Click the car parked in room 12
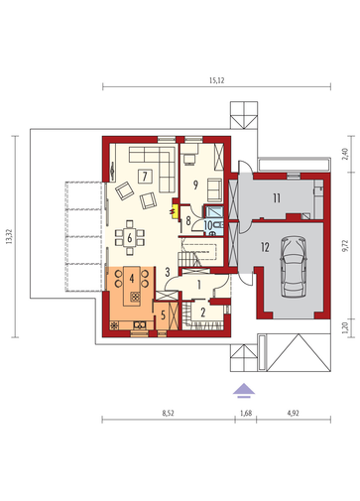[x=294, y=267]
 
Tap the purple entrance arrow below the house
[x=244, y=390]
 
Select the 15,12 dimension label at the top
[x=216, y=80]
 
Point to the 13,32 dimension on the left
[x=9, y=237]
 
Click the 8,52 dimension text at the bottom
[x=169, y=413]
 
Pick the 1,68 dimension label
[x=246, y=413]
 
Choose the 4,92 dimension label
[x=294, y=413]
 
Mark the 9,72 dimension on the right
[x=345, y=246]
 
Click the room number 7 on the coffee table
[x=145, y=176]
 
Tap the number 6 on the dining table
[x=130, y=237]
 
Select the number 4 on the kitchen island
[x=132, y=279]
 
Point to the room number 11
[x=277, y=198]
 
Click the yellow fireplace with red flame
[x=174, y=211]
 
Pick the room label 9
[x=195, y=186]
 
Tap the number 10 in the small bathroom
[x=208, y=225]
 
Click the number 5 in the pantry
[x=163, y=314]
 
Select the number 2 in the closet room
[x=203, y=313]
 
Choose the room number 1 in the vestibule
[x=199, y=285]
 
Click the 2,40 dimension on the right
[x=345, y=153]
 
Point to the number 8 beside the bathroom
[x=188, y=220]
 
